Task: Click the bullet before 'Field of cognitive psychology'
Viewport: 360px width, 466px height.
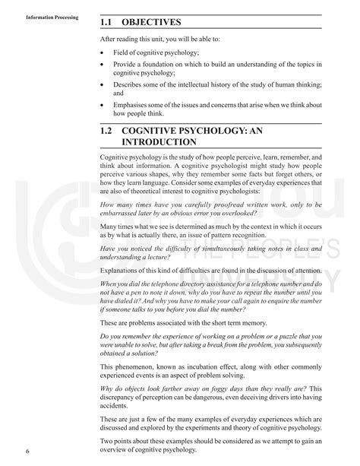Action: [103, 53]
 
